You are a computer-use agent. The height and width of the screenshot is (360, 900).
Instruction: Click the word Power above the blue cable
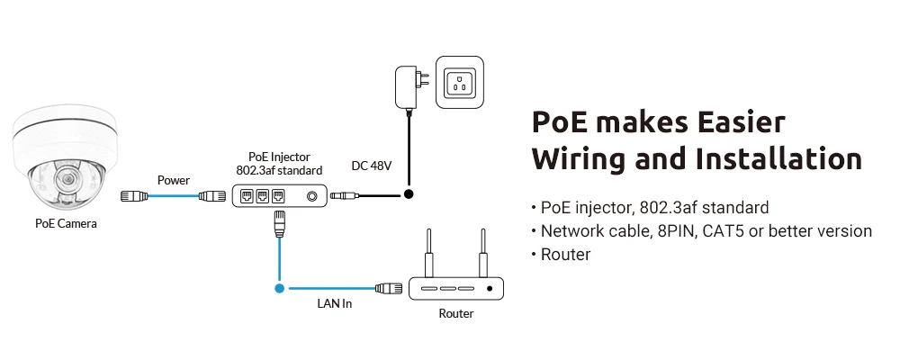coord(174,180)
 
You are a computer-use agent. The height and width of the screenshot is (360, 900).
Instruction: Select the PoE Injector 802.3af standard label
coord(278,163)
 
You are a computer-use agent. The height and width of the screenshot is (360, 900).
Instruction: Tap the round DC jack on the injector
coord(312,195)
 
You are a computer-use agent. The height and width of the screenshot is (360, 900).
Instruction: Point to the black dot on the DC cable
coord(408,193)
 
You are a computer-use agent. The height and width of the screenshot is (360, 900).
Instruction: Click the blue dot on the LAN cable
coord(279,289)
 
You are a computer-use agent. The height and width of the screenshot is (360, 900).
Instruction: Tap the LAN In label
coord(334,304)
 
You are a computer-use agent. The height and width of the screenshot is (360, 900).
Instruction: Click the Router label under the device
coord(455,313)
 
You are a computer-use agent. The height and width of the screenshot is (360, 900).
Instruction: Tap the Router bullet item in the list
coord(565,255)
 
